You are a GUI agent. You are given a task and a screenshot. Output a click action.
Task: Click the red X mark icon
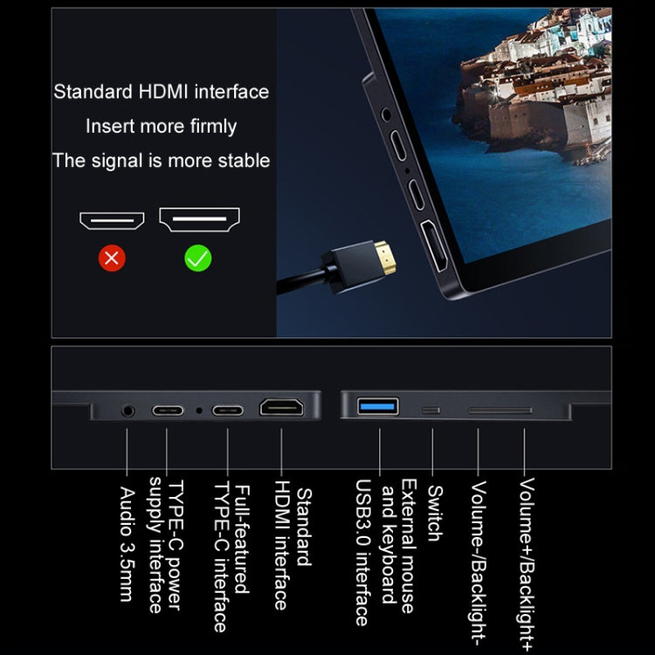[112, 257]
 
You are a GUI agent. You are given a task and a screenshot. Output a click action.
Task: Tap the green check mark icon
[198, 257]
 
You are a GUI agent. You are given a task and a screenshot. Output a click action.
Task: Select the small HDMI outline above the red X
[112, 219]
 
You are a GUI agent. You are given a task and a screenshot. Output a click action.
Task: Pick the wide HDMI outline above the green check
[199, 219]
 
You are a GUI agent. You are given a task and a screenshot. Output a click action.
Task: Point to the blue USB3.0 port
[378, 406]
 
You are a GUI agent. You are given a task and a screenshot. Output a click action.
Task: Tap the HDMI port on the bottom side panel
[281, 407]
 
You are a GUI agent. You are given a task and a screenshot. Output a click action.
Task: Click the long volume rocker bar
[500, 409]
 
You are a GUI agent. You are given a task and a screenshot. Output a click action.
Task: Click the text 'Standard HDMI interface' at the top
[162, 92]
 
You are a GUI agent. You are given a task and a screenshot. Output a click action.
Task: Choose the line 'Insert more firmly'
[162, 126]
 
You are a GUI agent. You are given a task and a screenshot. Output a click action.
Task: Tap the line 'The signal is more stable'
[162, 161]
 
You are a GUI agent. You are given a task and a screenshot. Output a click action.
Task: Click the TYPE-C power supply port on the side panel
[168, 409]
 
